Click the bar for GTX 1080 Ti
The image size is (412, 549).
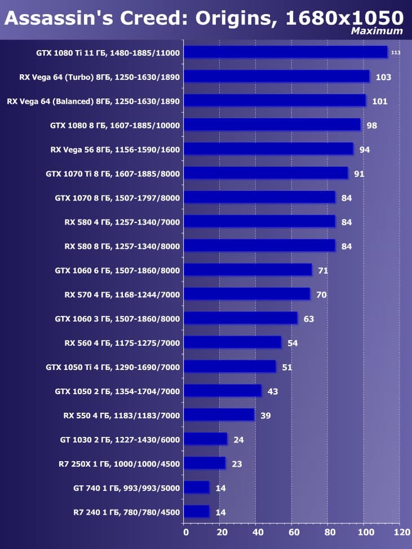(x=285, y=52)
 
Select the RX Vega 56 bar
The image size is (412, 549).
(x=268, y=149)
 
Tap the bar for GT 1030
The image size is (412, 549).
(x=205, y=439)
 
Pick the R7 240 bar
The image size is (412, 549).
(x=197, y=512)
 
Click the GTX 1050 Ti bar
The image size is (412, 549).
(x=230, y=367)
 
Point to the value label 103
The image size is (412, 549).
(x=383, y=77)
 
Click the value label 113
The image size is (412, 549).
(x=396, y=53)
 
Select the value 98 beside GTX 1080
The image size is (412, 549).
(x=371, y=126)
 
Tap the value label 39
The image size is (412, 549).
(x=266, y=416)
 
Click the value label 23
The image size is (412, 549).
(x=236, y=464)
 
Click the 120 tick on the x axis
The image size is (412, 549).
(x=401, y=532)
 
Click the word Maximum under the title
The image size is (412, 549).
(x=377, y=32)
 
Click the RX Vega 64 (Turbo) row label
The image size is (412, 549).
(x=93, y=77)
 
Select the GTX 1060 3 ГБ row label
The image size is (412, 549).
(x=117, y=319)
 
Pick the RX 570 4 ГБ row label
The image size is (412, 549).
(x=122, y=294)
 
